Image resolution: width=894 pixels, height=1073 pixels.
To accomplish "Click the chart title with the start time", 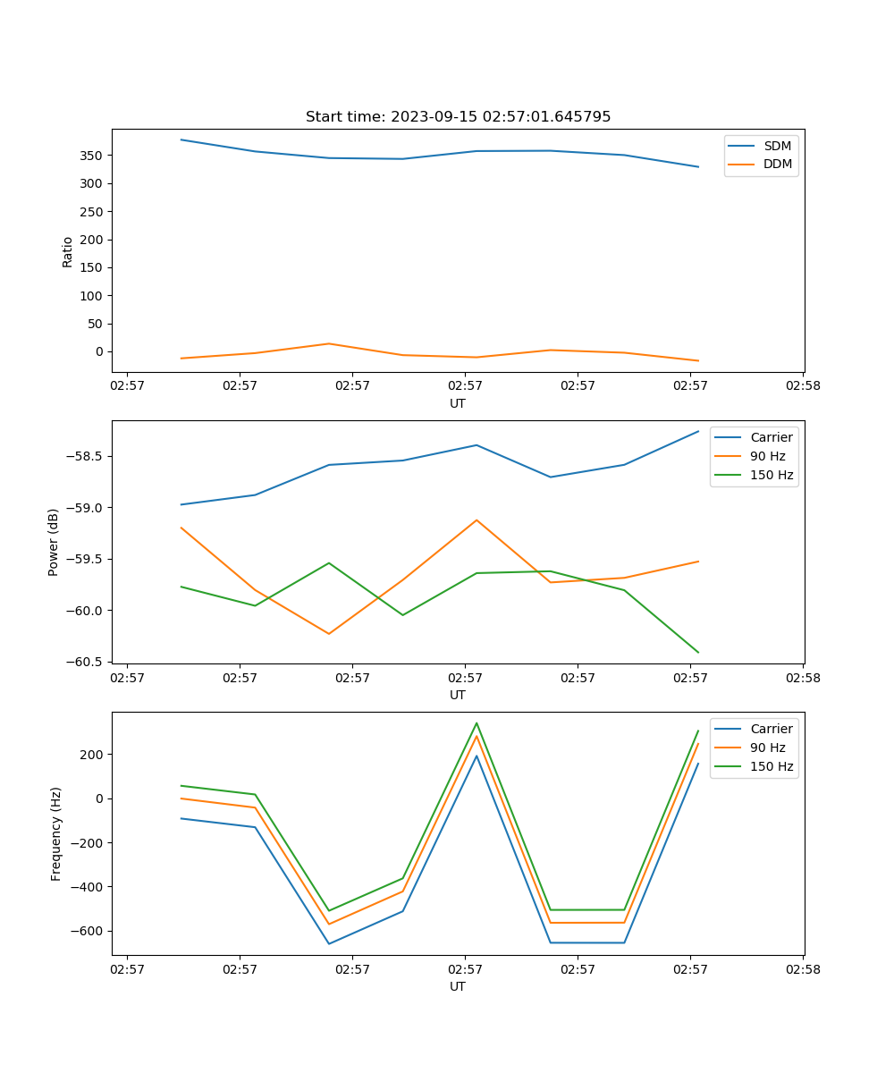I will point(458,117).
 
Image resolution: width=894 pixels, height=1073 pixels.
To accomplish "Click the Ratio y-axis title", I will point(68,251).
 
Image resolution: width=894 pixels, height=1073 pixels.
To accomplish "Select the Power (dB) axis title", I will point(54,542).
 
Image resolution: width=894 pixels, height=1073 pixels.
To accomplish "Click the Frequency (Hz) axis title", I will point(55,833).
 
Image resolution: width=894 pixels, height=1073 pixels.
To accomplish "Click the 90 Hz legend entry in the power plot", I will point(768,456).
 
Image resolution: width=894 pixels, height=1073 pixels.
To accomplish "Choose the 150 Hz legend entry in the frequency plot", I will point(772,766).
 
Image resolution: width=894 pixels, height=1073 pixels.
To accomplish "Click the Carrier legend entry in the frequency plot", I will point(771,729).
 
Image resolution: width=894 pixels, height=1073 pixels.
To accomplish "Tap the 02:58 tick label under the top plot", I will point(802,386).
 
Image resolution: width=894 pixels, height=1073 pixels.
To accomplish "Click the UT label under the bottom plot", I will point(458,986).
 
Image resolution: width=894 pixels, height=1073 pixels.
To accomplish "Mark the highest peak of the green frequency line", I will point(477,723).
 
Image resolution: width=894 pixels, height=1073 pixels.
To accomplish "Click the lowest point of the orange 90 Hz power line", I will point(329,634).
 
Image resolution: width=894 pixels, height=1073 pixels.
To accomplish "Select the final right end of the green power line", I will point(698,653).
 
